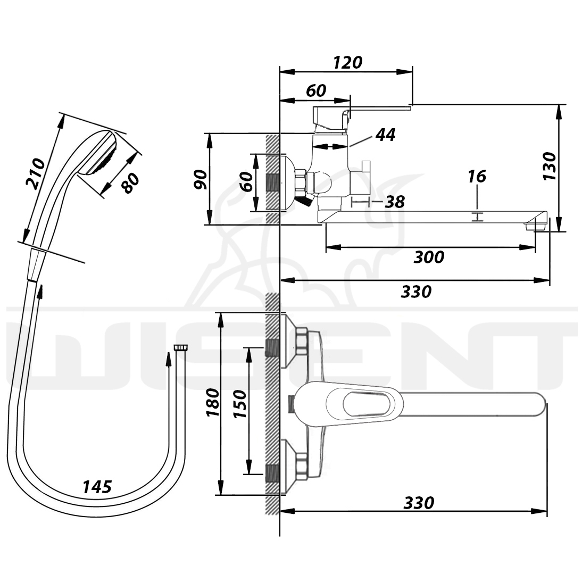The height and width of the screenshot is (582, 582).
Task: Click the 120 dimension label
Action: (347, 63)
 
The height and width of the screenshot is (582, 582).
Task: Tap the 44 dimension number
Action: (385, 135)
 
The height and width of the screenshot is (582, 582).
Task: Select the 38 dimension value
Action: (395, 202)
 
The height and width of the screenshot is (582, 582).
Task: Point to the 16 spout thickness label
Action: (477, 177)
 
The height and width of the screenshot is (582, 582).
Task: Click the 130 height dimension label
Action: (550, 167)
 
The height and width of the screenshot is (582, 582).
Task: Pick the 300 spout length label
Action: (429, 257)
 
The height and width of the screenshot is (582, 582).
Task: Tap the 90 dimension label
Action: (201, 179)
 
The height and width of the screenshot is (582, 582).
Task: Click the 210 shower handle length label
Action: (35, 174)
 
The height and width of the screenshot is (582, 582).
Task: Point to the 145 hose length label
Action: (97, 487)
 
